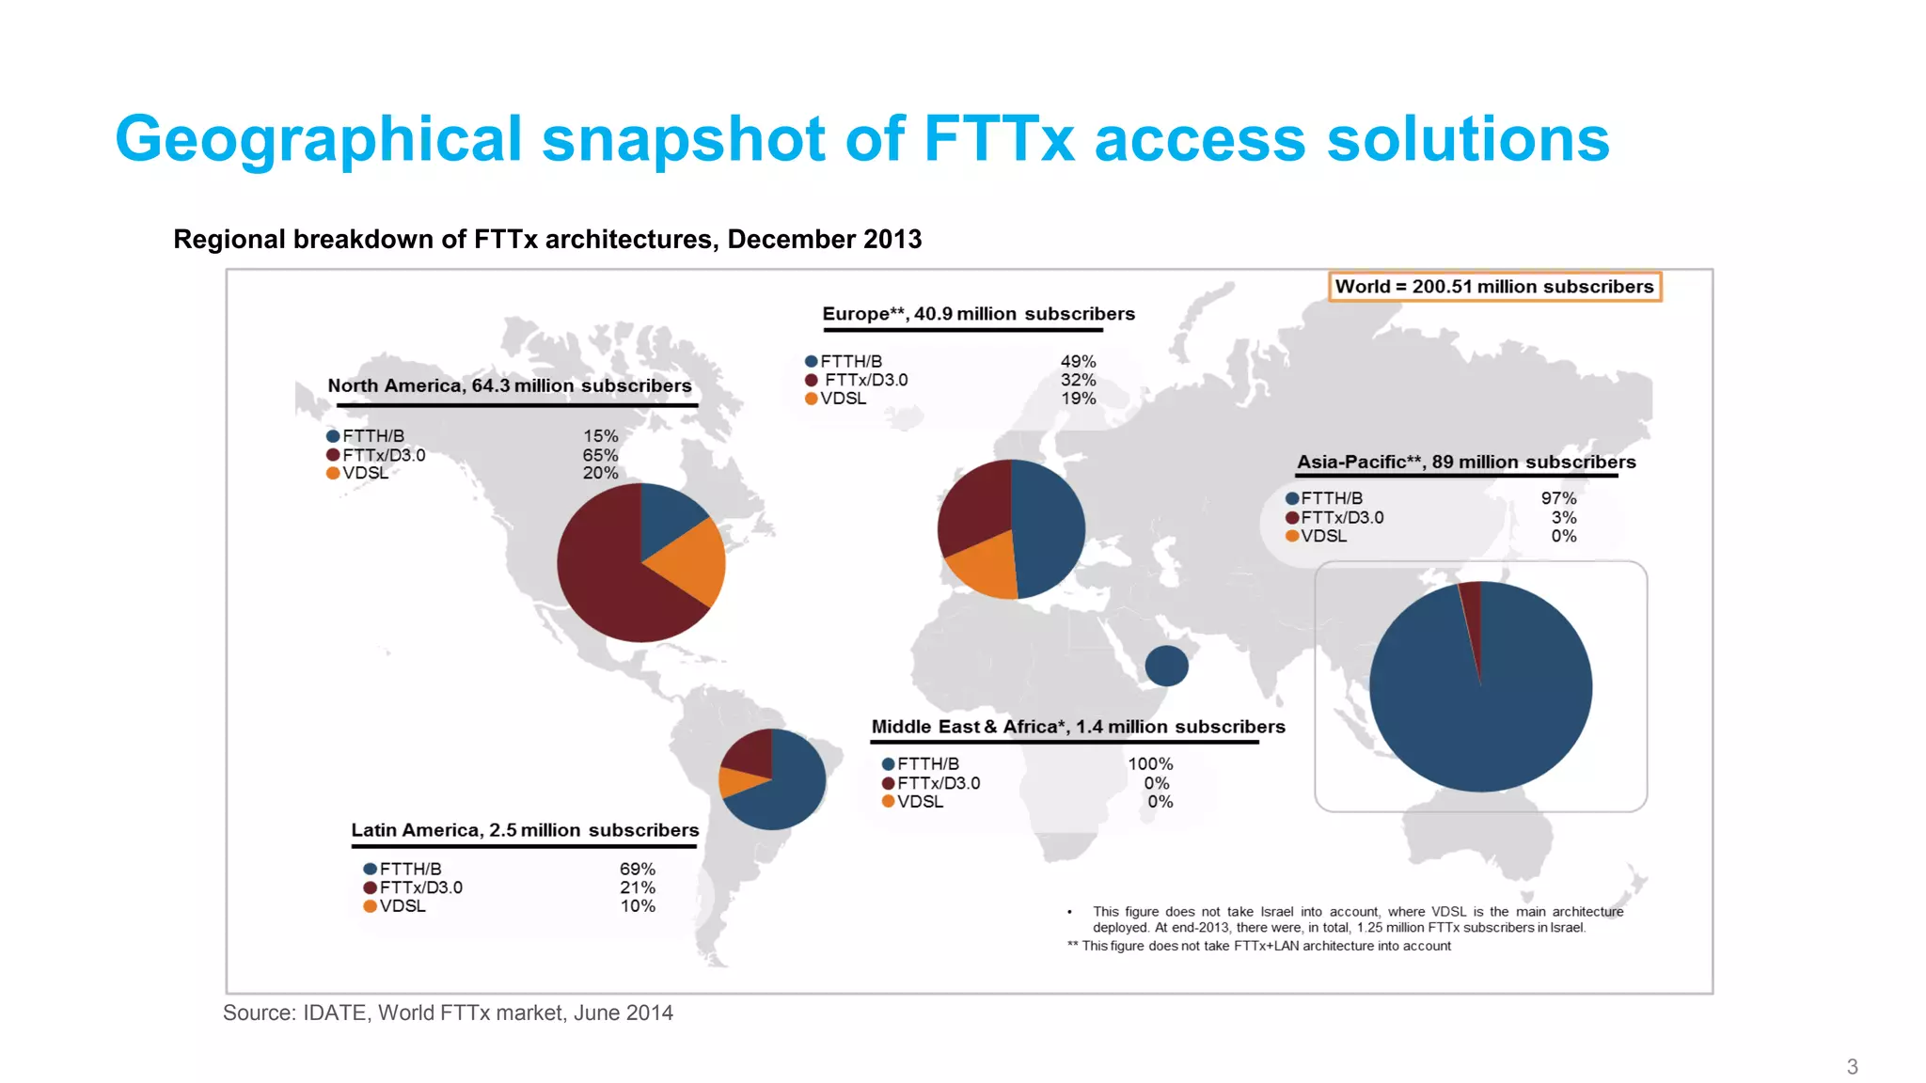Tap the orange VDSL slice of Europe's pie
(983, 570)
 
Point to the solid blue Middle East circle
(1166, 666)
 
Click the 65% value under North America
(600, 455)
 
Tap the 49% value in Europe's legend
(1078, 362)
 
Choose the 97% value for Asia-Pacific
(1558, 498)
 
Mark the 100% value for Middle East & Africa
(1150, 764)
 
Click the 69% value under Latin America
(637, 870)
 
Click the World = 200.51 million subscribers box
(1494, 287)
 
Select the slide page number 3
(1852, 1067)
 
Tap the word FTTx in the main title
(999, 139)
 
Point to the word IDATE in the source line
(335, 1013)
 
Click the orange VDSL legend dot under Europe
(811, 399)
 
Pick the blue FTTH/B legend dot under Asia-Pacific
(1292, 498)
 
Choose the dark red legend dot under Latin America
(371, 887)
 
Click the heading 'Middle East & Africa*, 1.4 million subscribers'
(1078, 727)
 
